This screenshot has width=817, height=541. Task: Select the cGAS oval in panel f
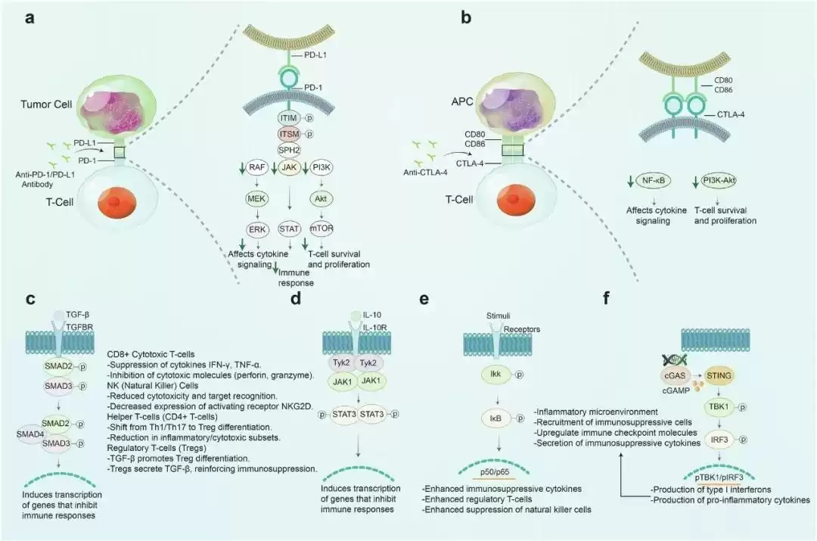[681, 374]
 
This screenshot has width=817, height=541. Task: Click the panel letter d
[296, 298]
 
